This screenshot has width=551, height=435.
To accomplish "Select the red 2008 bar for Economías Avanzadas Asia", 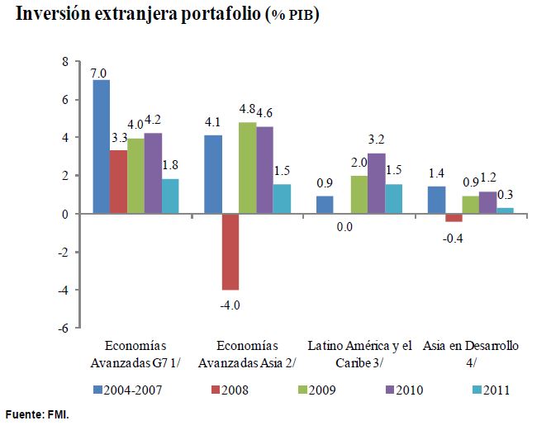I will [x=230, y=252].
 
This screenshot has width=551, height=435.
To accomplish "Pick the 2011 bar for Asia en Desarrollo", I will [x=505, y=210].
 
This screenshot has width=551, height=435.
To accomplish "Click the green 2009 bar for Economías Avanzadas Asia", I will [x=247, y=168].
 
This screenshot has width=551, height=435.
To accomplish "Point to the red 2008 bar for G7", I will [x=118, y=182].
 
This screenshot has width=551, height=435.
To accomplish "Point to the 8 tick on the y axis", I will [x=65, y=62].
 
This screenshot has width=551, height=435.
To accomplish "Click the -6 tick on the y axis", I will [x=64, y=328].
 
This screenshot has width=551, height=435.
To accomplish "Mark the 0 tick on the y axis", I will [x=65, y=214].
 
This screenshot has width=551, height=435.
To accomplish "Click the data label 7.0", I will [x=100, y=73].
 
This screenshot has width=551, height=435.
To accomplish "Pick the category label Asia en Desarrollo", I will [x=470, y=353].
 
